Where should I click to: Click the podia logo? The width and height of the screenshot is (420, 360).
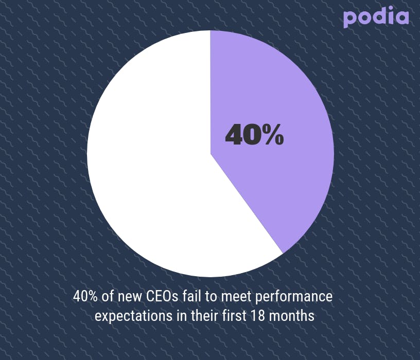[376, 17]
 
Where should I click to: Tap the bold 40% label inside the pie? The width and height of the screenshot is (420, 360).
[254, 135]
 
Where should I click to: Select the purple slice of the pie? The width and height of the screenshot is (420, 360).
[271, 139]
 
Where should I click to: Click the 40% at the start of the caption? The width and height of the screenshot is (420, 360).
[85, 296]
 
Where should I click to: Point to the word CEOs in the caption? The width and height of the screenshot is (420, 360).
[162, 296]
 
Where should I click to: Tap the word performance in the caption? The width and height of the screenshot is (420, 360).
[293, 297]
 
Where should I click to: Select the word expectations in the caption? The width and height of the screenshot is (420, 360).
[134, 316]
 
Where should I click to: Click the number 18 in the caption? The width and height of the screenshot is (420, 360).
[258, 316]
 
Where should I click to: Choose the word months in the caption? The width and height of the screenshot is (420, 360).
[291, 316]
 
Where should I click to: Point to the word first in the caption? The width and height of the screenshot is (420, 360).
[234, 316]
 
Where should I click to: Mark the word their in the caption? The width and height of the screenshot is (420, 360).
[204, 316]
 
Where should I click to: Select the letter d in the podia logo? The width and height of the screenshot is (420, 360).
[378, 15]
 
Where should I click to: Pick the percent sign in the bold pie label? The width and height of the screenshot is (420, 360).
[273, 135]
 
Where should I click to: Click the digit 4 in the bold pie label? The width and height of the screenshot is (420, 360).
[234, 135]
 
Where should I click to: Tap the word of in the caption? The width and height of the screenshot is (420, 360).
[108, 296]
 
